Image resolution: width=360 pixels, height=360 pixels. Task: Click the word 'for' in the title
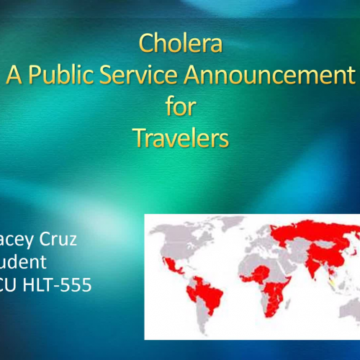180,106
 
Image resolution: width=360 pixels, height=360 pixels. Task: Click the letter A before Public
14,75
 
